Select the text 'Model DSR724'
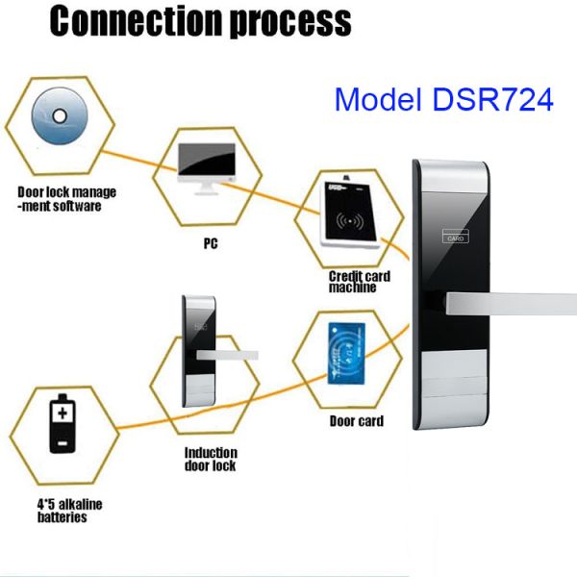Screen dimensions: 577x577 click(443, 98)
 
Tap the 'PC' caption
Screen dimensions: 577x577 click(210, 243)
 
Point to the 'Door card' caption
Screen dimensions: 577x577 click(357, 420)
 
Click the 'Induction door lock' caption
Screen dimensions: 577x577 click(211, 460)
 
